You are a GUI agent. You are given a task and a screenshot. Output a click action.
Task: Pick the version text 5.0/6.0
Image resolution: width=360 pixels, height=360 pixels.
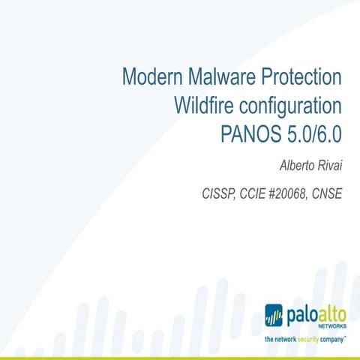click(x=314, y=134)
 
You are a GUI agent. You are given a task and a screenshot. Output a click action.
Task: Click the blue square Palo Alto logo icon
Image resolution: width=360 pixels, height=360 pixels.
click(x=275, y=314)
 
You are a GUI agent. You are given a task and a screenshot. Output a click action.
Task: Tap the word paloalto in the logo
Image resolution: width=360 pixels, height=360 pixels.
click(x=316, y=313)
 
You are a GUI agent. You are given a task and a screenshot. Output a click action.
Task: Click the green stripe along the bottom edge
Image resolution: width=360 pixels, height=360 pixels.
click(x=180, y=357)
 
